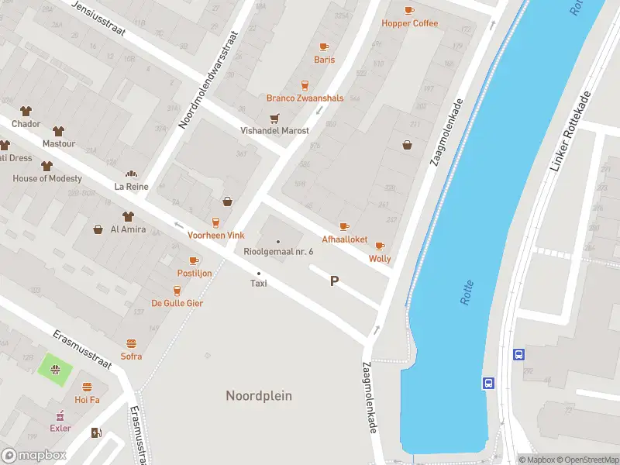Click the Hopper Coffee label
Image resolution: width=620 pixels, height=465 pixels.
409,23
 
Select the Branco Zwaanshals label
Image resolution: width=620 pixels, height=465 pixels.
305,98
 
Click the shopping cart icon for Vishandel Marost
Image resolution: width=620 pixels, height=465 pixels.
274,119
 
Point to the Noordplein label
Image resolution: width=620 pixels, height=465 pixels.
259,396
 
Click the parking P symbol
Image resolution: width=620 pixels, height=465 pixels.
335,281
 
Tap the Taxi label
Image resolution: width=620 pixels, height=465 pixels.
259,284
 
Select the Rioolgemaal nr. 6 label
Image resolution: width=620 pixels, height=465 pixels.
278,252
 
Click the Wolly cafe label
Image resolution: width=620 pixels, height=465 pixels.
380,259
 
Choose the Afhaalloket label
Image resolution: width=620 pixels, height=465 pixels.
345,239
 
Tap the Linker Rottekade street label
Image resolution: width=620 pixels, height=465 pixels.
569,132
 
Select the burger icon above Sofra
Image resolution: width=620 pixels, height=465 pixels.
131,343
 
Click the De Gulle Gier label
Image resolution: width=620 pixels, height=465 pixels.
177,303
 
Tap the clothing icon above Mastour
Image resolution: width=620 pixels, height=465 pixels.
58,130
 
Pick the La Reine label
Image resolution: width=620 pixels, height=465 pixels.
131,186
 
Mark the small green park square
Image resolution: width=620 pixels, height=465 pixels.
55,366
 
